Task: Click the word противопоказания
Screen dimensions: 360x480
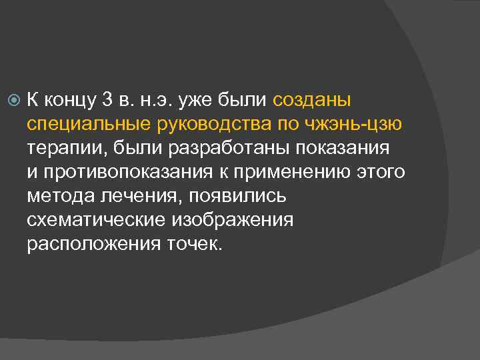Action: [x=144, y=173]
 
